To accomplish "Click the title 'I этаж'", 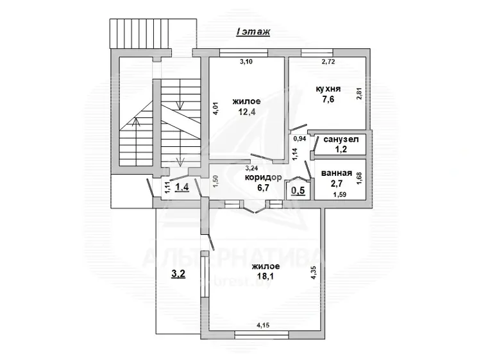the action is pos(253,31).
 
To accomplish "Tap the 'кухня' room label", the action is pos(328,89).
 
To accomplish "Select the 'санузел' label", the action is pos(341,139).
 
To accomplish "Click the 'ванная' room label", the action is pos(337,173).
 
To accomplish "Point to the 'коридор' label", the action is pos(263,177).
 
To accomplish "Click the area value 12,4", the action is pos(247,112).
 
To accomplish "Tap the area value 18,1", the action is pos(266,276).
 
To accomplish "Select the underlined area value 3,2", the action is pos(178,273).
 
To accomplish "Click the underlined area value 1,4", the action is pos(181,186).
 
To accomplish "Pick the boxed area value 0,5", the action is pos(298,191).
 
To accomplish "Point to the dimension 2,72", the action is pos(328,62).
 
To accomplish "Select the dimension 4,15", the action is pos(263,325).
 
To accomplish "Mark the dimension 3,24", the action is pos(251,168).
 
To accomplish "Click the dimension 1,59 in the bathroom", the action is pos(339,194).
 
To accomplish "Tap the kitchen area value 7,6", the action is pos(328,99).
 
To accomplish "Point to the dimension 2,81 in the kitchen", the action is pos(360,94).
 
